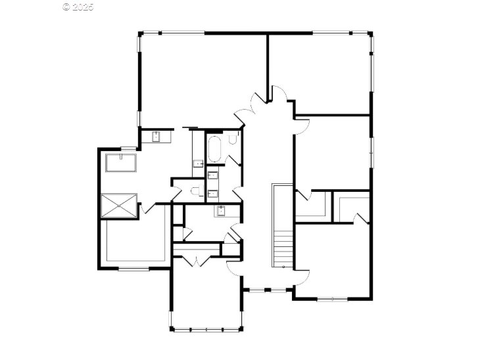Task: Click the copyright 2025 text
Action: [78, 7]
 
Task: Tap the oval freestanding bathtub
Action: [214, 149]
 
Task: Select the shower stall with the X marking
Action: [119, 206]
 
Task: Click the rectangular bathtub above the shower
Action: [121, 163]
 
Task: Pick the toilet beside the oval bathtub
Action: [233, 138]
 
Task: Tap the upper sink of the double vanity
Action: [213, 175]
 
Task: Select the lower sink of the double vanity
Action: [213, 194]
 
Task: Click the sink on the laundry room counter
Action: [221, 211]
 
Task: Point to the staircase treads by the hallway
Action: [283, 244]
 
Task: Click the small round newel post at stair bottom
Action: [284, 267]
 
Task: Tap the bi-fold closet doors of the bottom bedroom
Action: [197, 261]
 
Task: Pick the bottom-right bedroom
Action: [333, 261]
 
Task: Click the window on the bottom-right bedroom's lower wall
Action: [332, 299]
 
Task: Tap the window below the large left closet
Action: [133, 269]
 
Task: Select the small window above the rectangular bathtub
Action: [129, 148]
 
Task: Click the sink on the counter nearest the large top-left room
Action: [156, 137]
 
